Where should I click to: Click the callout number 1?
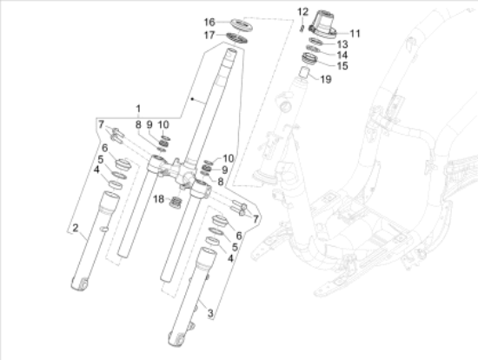(136, 108)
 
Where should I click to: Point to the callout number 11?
(355, 33)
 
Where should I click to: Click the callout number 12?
(302, 11)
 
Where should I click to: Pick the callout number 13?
(342, 43)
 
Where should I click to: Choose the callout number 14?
(342, 54)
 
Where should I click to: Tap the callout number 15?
(342, 65)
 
